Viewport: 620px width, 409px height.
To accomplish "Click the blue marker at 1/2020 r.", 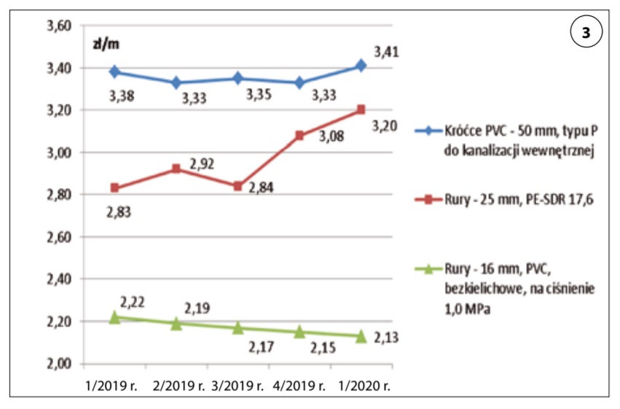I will click(361, 66).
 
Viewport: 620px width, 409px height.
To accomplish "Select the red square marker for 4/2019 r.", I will click(299, 136).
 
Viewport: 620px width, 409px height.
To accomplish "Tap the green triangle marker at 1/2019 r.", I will click(114, 317).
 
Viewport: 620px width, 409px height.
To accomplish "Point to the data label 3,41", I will click(386, 52).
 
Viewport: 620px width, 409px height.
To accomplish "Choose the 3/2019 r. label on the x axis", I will click(238, 383).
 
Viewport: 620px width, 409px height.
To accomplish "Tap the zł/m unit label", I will click(106, 43).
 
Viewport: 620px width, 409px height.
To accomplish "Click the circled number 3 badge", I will click(585, 34).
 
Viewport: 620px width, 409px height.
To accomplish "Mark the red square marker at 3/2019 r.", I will click(238, 186).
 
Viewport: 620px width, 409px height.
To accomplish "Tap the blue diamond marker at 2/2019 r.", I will click(176, 82).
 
